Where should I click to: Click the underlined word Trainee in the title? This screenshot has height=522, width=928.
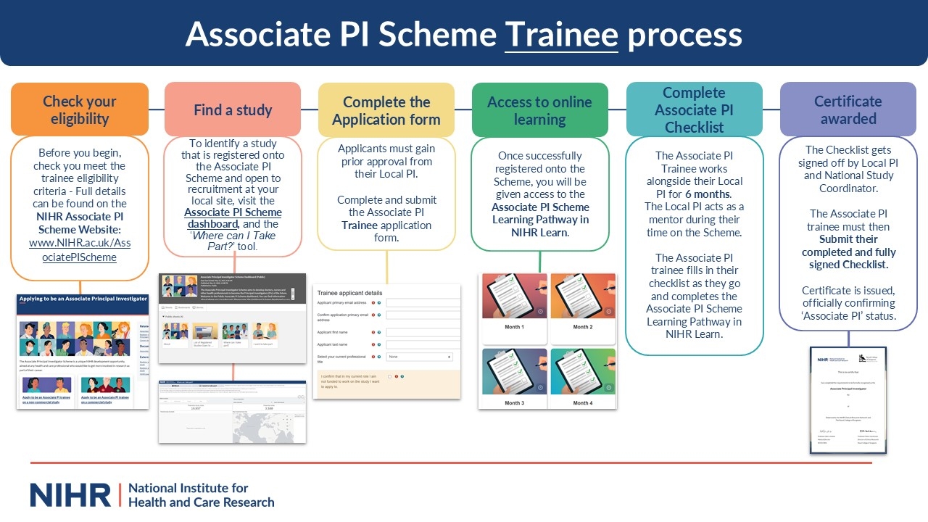[561, 34]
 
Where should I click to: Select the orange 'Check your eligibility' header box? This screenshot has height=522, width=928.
[80, 109]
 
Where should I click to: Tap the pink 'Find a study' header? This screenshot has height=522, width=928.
[233, 110]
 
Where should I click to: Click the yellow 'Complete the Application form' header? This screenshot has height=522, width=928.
[386, 110]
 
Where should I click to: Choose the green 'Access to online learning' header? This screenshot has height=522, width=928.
[539, 110]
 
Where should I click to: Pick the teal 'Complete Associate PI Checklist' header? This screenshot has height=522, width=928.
[694, 109]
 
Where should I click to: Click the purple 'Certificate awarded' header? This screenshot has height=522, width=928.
[848, 109]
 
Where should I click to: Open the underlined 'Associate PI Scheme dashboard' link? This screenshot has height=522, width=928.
[233, 218]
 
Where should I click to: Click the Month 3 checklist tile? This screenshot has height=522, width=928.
[513, 378]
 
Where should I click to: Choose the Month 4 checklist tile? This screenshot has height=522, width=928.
[581, 378]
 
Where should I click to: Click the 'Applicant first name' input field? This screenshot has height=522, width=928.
[423, 332]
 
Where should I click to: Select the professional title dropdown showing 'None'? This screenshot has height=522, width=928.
[420, 357]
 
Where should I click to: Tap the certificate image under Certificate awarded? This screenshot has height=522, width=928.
[848, 399]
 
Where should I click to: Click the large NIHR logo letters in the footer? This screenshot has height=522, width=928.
[70, 495]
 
